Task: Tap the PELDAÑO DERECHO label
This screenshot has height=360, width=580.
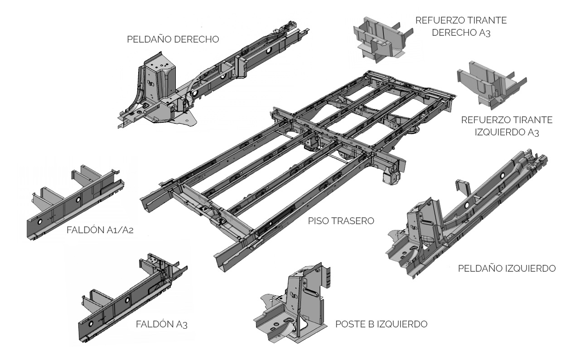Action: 174,39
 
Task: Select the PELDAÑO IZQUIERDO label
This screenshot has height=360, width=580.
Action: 507,269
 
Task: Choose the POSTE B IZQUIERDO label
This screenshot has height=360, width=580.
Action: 382,324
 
